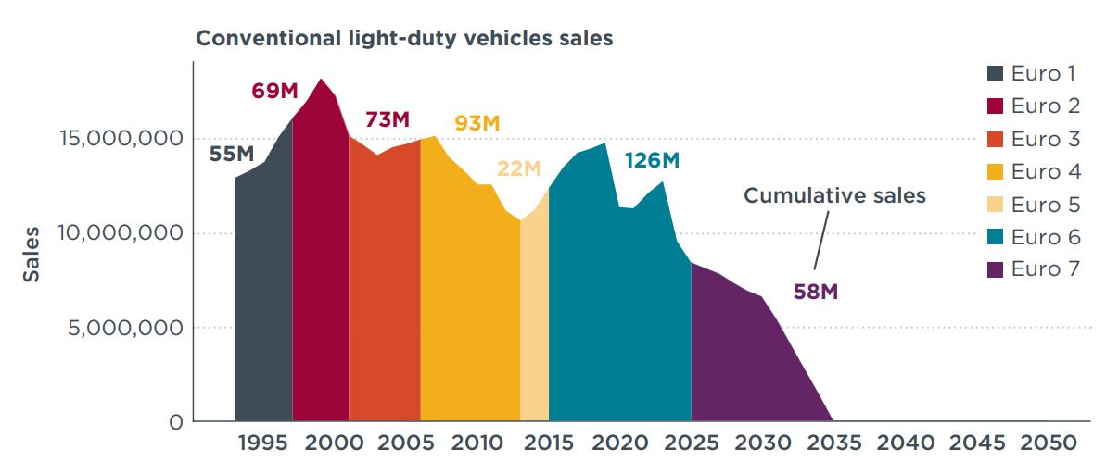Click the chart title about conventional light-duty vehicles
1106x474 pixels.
tap(403, 39)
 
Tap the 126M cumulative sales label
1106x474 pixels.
tap(652, 160)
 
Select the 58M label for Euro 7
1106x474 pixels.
tap(816, 293)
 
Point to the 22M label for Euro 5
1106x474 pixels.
tap(518, 168)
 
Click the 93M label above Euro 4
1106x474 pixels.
tap(477, 123)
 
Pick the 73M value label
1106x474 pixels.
tap(387, 120)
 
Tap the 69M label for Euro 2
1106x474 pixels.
tap(274, 91)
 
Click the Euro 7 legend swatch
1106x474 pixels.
tap(995, 270)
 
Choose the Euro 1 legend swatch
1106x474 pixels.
tap(995, 74)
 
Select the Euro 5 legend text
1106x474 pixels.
tap(1046, 205)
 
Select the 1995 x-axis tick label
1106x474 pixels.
tap(262, 443)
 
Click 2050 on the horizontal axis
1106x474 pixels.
tap(1049, 443)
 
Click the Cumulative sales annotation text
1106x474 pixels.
tap(834, 196)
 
